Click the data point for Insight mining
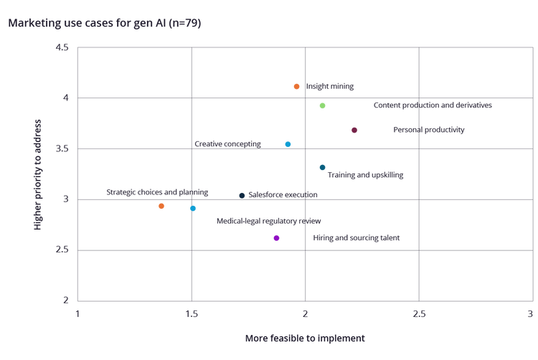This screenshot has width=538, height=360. point(296,87)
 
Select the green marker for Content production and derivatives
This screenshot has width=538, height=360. point(323,105)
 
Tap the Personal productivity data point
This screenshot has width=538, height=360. point(354,131)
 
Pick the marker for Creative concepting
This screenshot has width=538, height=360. point(288,144)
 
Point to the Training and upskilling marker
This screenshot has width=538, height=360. point(323,168)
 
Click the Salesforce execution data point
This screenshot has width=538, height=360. point(242,195)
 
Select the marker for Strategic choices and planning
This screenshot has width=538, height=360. point(161,207)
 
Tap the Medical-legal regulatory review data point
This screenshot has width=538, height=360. point(193,209)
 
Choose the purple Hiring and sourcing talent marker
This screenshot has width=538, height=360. point(277,238)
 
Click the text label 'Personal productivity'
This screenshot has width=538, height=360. point(429,131)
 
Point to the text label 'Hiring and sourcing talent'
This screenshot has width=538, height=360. point(357,238)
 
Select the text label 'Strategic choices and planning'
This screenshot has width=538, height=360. point(157,192)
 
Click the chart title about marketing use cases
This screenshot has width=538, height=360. point(105,24)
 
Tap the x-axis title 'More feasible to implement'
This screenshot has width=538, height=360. point(306,338)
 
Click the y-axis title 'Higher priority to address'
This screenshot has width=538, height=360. point(37,175)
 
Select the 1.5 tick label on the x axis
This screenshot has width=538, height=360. point(192,314)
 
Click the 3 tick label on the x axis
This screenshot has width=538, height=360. point(531,314)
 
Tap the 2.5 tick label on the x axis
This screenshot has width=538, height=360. point(419,314)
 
